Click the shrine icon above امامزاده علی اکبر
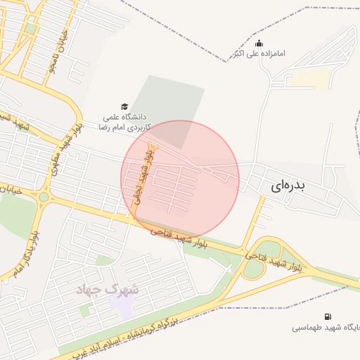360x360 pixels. pyautogui.click(x=260, y=43)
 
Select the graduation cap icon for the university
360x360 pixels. pyautogui.click(x=124, y=106)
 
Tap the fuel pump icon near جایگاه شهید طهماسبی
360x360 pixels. pyautogui.click(x=328, y=316)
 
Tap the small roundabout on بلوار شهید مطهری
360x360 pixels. pyautogui.click(x=44, y=197)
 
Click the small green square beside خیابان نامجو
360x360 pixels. pyautogui.click(x=30, y=29)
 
